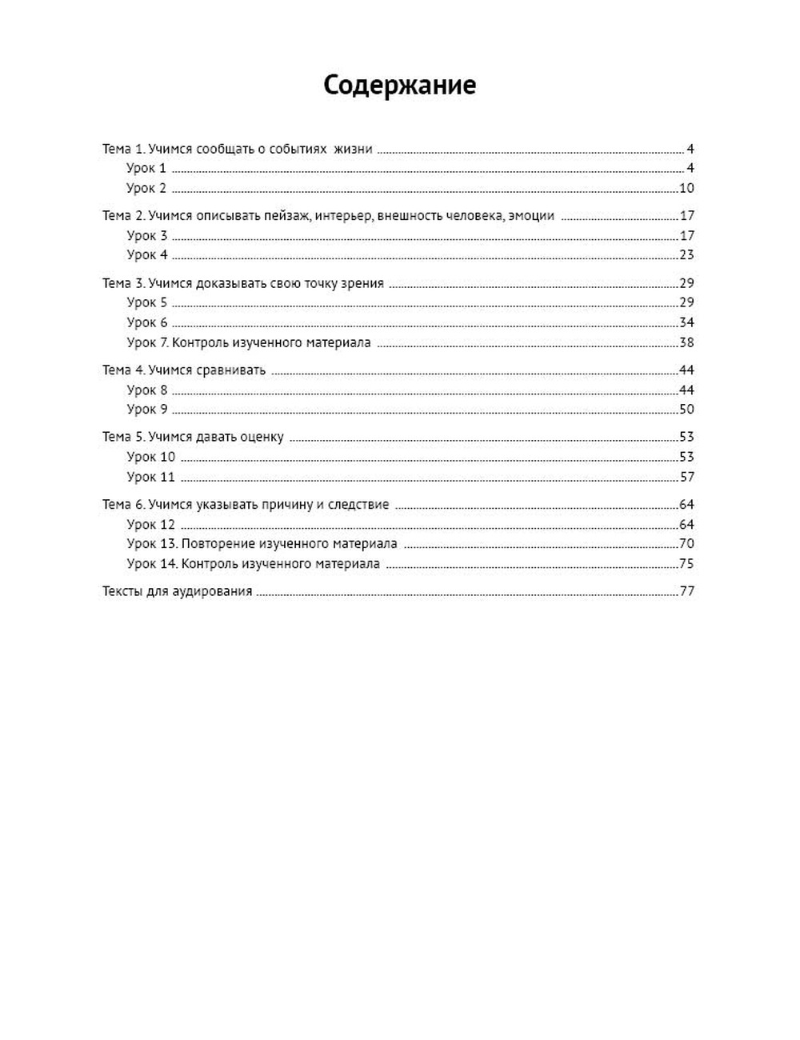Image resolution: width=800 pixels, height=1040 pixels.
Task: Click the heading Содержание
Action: (x=399, y=85)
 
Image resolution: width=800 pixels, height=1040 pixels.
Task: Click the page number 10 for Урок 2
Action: (x=686, y=189)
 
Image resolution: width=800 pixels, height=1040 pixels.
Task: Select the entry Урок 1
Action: (x=146, y=169)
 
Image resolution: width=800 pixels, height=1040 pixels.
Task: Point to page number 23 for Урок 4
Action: (x=686, y=255)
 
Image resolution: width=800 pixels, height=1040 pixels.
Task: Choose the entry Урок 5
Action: (x=147, y=302)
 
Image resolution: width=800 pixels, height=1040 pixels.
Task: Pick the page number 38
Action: (x=686, y=343)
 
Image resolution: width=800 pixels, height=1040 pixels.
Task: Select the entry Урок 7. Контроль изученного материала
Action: (x=248, y=343)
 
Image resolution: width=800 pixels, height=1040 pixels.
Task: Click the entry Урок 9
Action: (x=147, y=410)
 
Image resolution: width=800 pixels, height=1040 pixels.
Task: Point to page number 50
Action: (x=686, y=410)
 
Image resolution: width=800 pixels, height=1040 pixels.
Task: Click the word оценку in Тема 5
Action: (x=262, y=437)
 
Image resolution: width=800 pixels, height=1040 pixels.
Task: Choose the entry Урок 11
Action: (x=150, y=477)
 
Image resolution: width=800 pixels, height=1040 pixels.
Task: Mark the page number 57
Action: (x=686, y=477)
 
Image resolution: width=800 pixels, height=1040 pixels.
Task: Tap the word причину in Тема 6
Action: (x=285, y=505)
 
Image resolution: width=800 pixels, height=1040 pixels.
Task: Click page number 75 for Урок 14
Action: (x=686, y=564)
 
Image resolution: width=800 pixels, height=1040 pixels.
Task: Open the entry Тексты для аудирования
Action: (x=177, y=592)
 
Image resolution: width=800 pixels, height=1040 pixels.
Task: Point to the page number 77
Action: (x=686, y=592)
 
